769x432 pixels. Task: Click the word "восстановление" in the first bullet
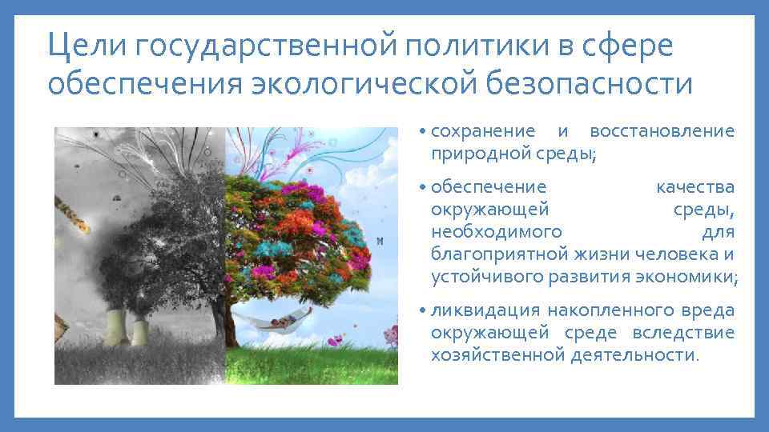tap(662, 131)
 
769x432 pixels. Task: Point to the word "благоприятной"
tap(499, 255)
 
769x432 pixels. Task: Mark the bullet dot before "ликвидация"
tap(422, 310)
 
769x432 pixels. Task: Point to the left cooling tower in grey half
tap(115, 326)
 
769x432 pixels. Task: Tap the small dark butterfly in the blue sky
tap(380, 240)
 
